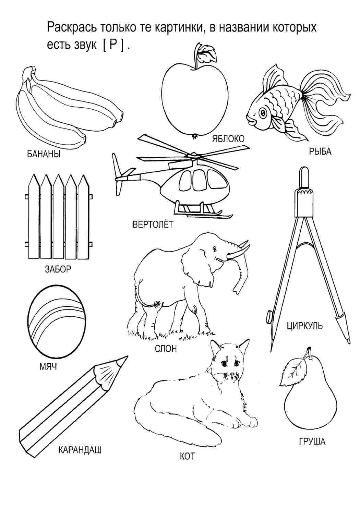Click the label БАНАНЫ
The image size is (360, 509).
(44, 154)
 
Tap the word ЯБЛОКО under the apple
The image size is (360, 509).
(228, 139)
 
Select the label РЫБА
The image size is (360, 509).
(320, 152)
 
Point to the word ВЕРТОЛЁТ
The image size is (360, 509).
(153, 225)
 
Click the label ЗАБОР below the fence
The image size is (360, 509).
(58, 269)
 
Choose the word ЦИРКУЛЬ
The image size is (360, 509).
(304, 326)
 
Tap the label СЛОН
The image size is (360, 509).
(166, 349)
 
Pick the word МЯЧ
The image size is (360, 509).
(48, 367)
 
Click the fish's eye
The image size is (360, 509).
(263, 112)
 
